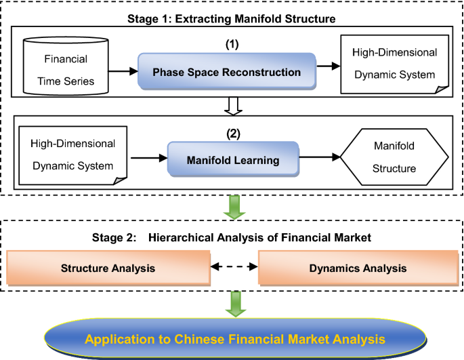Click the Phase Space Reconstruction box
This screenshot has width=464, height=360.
(x=227, y=71)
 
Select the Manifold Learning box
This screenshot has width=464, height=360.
(x=233, y=159)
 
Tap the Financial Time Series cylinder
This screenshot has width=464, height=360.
(x=66, y=66)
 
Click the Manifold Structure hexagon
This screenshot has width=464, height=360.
(x=394, y=157)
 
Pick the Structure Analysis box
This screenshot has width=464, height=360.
(x=108, y=268)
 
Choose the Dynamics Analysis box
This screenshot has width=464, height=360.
(x=358, y=268)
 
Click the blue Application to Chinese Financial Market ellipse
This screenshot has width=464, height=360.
(x=235, y=339)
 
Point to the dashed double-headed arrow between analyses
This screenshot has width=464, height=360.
(x=234, y=266)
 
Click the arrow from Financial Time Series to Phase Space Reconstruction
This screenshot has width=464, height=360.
(x=123, y=71)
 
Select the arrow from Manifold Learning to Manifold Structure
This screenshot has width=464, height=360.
(x=320, y=157)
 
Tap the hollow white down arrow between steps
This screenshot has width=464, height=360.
(x=233, y=106)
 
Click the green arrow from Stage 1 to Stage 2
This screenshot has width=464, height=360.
(x=234, y=207)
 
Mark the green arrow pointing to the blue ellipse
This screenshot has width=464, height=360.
(x=236, y=304)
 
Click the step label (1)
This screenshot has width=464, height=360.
(x=232, y=45)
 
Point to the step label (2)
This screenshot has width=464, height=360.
(x=233, y=134)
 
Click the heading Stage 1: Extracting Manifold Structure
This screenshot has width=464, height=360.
(x=232, y=19)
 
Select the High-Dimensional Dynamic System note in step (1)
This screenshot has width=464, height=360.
(x=395, y=64)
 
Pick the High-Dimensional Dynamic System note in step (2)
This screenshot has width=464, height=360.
(x=72, y=155)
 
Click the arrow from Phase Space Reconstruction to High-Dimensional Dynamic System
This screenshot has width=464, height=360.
(x=329, y=66)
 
